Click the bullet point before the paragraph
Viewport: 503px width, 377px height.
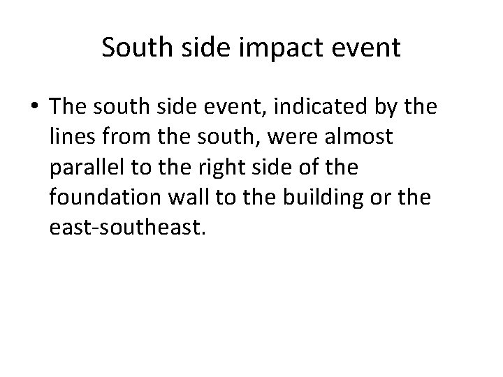[x=36, y=106]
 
